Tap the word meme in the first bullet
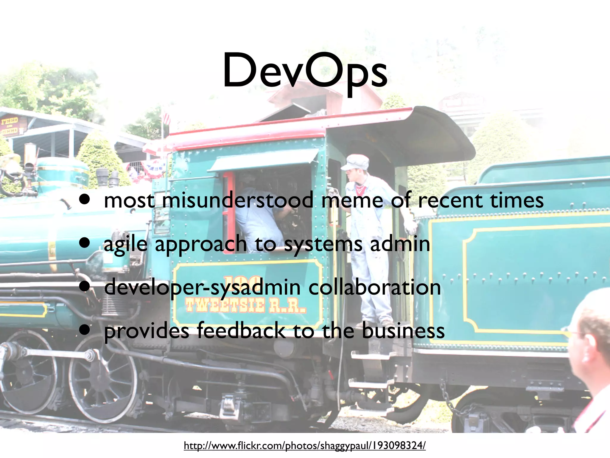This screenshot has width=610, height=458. pyautogui.click(x=352, y=200)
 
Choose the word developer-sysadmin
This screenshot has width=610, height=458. pyautogui.click(x=202, y=288)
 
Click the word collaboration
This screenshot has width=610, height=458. pyautogui.click(x=374, y=287)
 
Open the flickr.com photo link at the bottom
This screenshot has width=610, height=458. pyautogui.click(x=305, y=446)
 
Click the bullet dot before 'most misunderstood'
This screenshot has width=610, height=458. pyautogui.click(x=85, y=199)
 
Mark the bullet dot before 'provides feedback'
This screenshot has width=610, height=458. pyautogui.click(x=85, y=330)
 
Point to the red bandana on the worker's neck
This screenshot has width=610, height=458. pyautogui.click(x=361, y=189)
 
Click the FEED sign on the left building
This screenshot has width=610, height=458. pyautogui.click(x=10, y=122)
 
